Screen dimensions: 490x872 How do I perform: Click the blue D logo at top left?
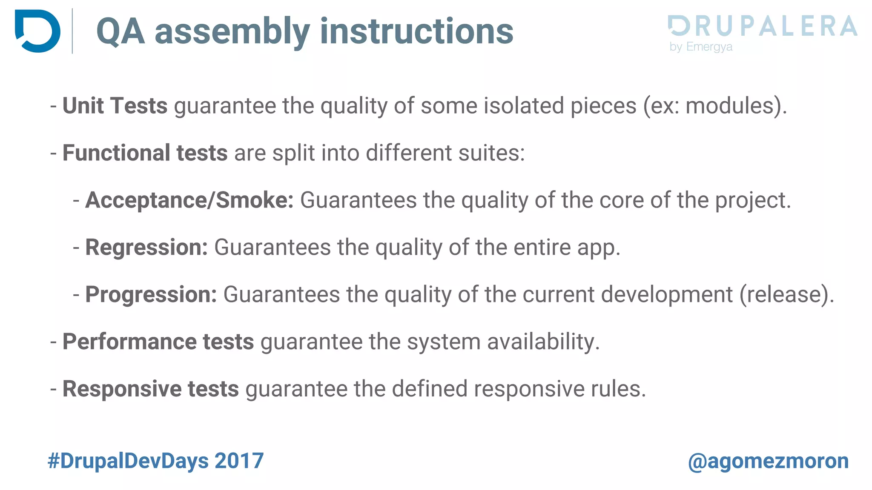tap(37, 31)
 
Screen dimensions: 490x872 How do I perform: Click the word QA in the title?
tap(120, 31)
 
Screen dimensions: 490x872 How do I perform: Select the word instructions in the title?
tap(417, 31)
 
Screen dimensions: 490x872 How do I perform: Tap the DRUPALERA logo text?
tap(762, 26)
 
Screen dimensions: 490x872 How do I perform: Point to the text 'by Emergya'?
tap(701, 47)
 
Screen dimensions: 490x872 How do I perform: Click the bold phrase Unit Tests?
tap(115, 105)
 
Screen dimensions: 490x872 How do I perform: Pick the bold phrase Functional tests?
tap(145, 153)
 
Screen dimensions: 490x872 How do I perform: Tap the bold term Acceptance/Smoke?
tap(189, 200)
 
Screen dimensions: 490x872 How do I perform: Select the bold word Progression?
tap(151, 294)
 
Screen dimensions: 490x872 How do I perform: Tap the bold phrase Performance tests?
tap(158, 342)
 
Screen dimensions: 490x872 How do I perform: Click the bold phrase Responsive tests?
tap(151, 389)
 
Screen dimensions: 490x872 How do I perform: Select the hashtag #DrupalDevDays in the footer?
tap(128, 461)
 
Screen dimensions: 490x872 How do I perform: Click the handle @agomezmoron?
tap(768, 461)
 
